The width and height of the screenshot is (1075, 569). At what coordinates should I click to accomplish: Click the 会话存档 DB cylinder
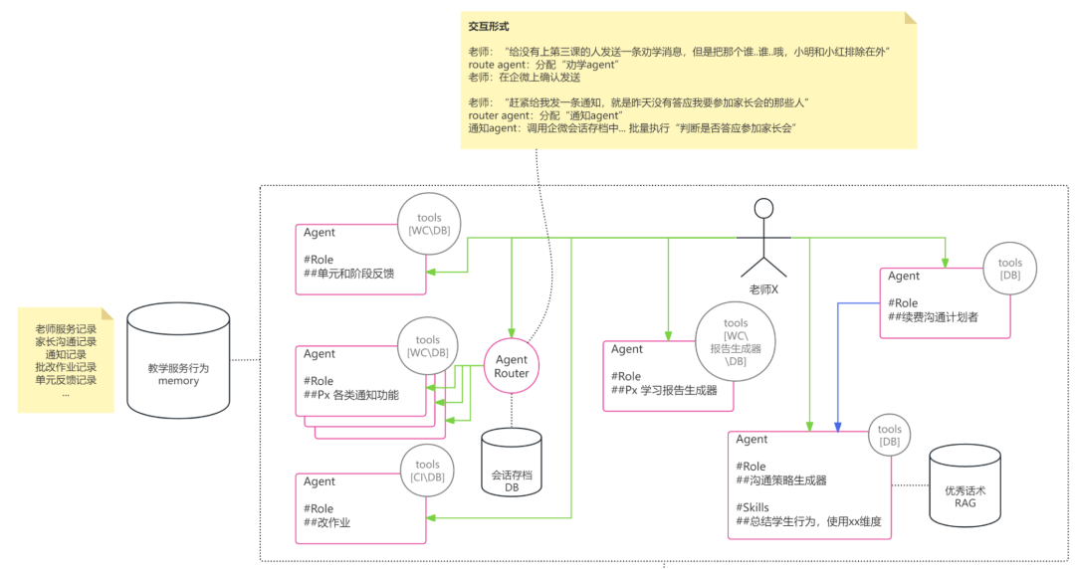512,464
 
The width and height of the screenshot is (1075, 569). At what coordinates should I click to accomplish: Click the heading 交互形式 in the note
489,26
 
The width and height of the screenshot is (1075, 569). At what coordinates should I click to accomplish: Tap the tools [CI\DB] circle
428,471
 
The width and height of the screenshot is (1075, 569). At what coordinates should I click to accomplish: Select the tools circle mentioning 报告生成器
736,341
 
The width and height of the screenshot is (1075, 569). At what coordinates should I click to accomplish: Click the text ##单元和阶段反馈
349,274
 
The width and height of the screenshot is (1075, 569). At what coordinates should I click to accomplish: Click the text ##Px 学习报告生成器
665,390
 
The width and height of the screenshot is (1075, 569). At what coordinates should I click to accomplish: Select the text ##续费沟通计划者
937,318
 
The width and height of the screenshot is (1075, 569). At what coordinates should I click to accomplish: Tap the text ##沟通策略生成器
781,480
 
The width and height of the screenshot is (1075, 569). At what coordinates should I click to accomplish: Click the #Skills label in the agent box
752,507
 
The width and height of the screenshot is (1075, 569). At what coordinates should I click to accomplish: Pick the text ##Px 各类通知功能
350,395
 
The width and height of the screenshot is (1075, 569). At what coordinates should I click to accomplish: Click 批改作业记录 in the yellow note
66,367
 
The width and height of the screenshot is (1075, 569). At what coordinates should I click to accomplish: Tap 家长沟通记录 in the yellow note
66,341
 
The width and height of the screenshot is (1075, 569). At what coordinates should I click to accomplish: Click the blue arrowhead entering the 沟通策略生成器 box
837,427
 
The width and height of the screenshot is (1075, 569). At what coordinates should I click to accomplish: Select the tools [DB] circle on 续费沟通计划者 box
1010,270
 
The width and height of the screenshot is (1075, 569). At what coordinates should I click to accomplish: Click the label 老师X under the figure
763,288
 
